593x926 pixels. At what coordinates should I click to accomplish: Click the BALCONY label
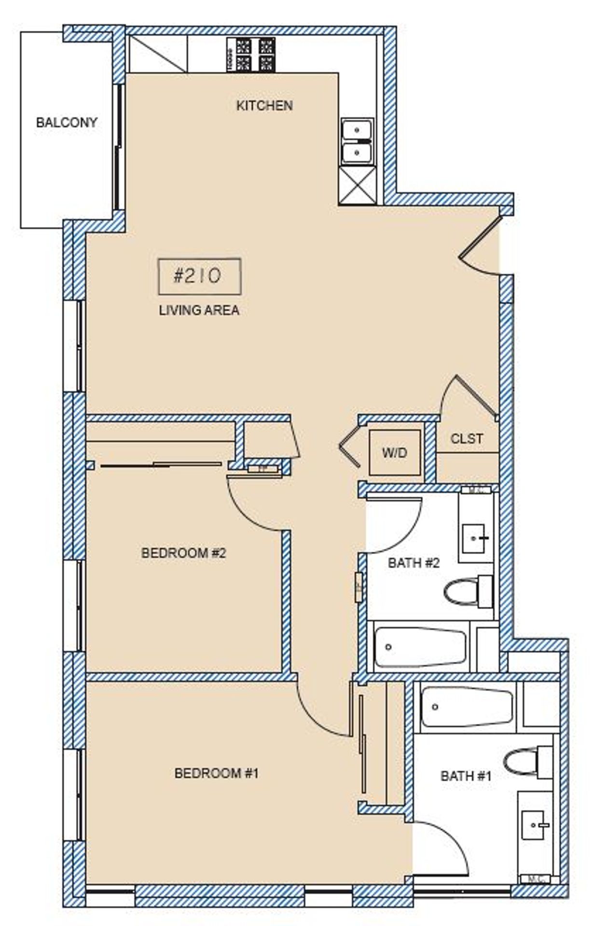pos(67,123)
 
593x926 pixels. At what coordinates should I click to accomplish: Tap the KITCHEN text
pos(264,106)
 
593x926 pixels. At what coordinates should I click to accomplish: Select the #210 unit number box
pos(199,276)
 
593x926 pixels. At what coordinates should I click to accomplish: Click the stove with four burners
pos(251,54)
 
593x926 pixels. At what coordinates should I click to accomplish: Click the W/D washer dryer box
pos(395,453)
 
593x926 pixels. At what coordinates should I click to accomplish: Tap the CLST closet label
pos(466,439)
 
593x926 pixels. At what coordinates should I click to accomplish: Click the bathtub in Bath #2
pos(420,647)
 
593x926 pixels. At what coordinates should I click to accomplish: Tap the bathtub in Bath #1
pos(466,708)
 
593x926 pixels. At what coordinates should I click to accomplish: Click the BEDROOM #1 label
pos(217,774)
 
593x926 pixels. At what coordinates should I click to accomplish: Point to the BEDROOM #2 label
pos(183,553)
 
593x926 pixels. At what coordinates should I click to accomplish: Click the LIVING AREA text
pos(199,310)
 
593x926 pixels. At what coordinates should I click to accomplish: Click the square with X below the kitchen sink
pos(357,185)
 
